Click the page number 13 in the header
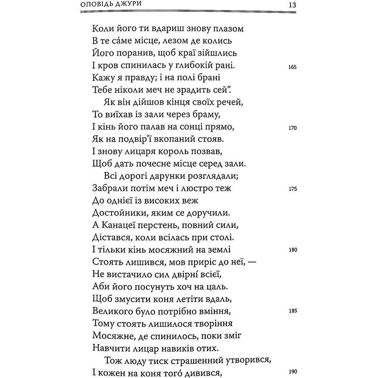point(291,6)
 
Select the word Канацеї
point(119,226)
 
